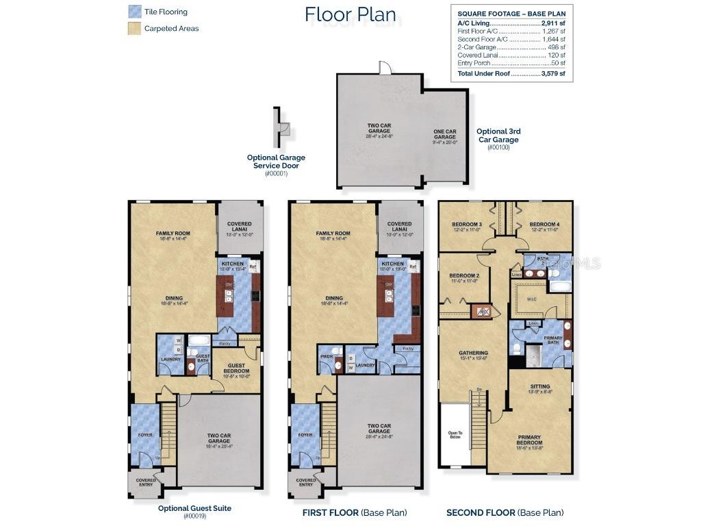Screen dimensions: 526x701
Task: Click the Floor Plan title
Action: tap(350, 14)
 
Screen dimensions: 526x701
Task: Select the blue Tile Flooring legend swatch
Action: tap(134, 12)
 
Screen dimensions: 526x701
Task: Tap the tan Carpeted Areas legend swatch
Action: tap(134, 28)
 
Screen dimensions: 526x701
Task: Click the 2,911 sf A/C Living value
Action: tap(552, 23)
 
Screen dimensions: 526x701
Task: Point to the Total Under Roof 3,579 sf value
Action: tap(553, 73)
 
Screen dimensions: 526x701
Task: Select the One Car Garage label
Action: tap(445, 134)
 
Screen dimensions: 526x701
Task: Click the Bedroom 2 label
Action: tap(464, 277)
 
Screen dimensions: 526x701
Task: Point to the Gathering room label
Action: tap(473, 355)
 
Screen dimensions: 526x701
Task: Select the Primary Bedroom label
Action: tap(529, 440)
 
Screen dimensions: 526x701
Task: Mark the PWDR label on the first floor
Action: tap(326, 356)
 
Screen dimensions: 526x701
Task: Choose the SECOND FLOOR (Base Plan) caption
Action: tap(505, 512)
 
